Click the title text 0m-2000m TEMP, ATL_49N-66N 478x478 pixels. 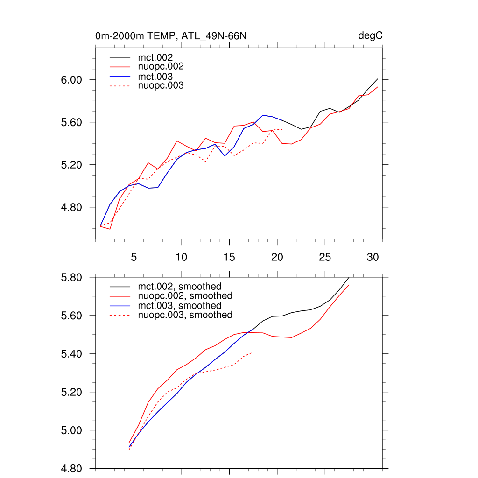click(174, 36)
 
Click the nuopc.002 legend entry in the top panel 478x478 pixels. click(161, 67)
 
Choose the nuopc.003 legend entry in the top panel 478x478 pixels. click(161, 86)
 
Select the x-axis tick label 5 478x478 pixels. click(134, 257)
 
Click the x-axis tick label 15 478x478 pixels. click(229, 257)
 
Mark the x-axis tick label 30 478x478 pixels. click(373, 257)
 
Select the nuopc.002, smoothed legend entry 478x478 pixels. click(185, 296)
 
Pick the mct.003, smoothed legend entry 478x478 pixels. click(180, 306)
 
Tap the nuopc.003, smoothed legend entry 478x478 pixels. click(185, 315)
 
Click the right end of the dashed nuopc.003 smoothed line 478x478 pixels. click(252, 353)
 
